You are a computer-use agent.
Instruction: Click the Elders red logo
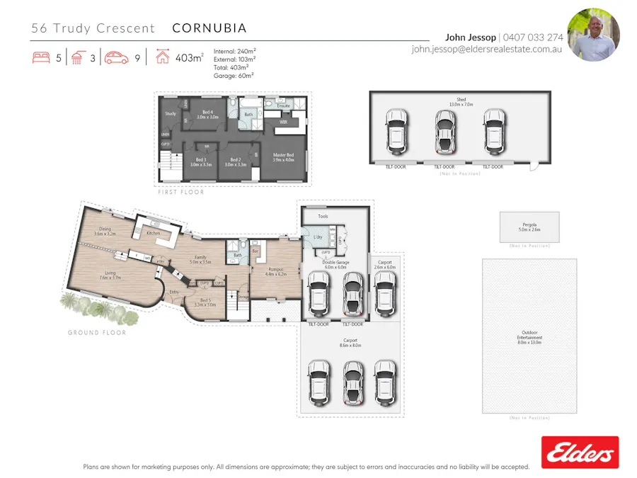pyautogui.click(x=580, y=452)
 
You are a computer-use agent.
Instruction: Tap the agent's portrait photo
pyautogui.click(x=593, y=35)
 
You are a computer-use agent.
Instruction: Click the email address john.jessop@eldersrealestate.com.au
pyautogui.click(x=487, y=50)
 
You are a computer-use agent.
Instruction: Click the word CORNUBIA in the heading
pyautogui.click(x=210, y=28)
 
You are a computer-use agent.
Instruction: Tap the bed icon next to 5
pyautogui.click(x=41, y=58)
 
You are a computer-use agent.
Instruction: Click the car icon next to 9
pyautogui.click(x=117, y=58)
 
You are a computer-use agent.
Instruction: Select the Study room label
pyautogui.click(x=171, y=113)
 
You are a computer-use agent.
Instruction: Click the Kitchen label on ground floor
pyautogui.click(x=154, y=232)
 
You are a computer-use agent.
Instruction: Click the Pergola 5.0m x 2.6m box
pyautogui.click(x=529, y=227)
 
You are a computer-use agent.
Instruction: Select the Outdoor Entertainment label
pyautogui.click(x=529, y=336)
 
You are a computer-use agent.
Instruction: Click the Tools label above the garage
pyautogui.click(x=323, y=216)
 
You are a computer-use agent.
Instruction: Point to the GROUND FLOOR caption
pyautogui.click(x=97, y=332)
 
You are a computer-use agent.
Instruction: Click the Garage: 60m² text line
pyautogui.click(x=234, y=74)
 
